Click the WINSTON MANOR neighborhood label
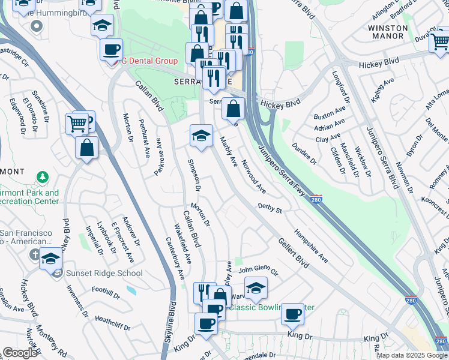coord(387,32)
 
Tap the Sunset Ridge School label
coord(104,274)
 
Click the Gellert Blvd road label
coord(294,252)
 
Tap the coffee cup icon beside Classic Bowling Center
coord(293,313)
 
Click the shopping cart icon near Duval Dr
coord(440,40)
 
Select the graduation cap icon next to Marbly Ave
coord(202,135)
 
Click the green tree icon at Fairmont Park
coord(42,177)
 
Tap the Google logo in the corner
coord(20,353)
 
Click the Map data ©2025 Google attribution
coord(412,355)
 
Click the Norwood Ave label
coord(254,176)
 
